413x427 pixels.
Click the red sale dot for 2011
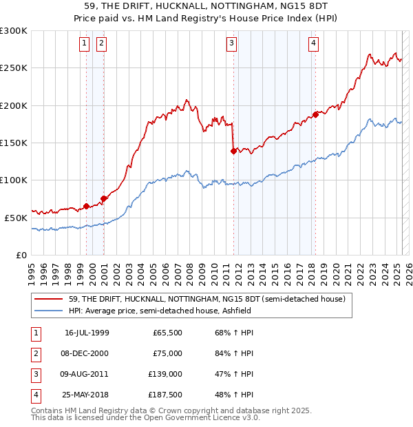point(234,151)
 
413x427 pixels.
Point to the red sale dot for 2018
point(315,114)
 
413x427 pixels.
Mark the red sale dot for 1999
point(86,206)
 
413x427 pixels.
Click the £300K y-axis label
point(14,31)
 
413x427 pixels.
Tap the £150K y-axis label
point(14,143)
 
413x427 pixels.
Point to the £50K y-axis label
point(16,217)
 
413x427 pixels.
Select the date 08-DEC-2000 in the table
point(87,353)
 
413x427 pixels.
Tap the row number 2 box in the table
point(34,353)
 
